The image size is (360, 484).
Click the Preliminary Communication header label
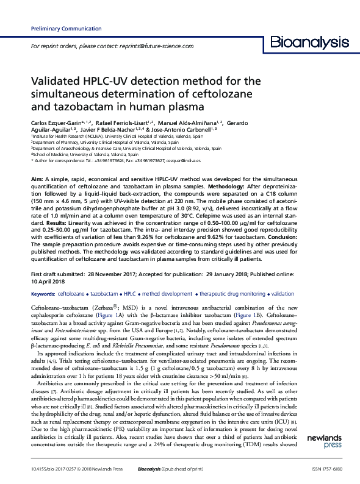click(x=57, y=29)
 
